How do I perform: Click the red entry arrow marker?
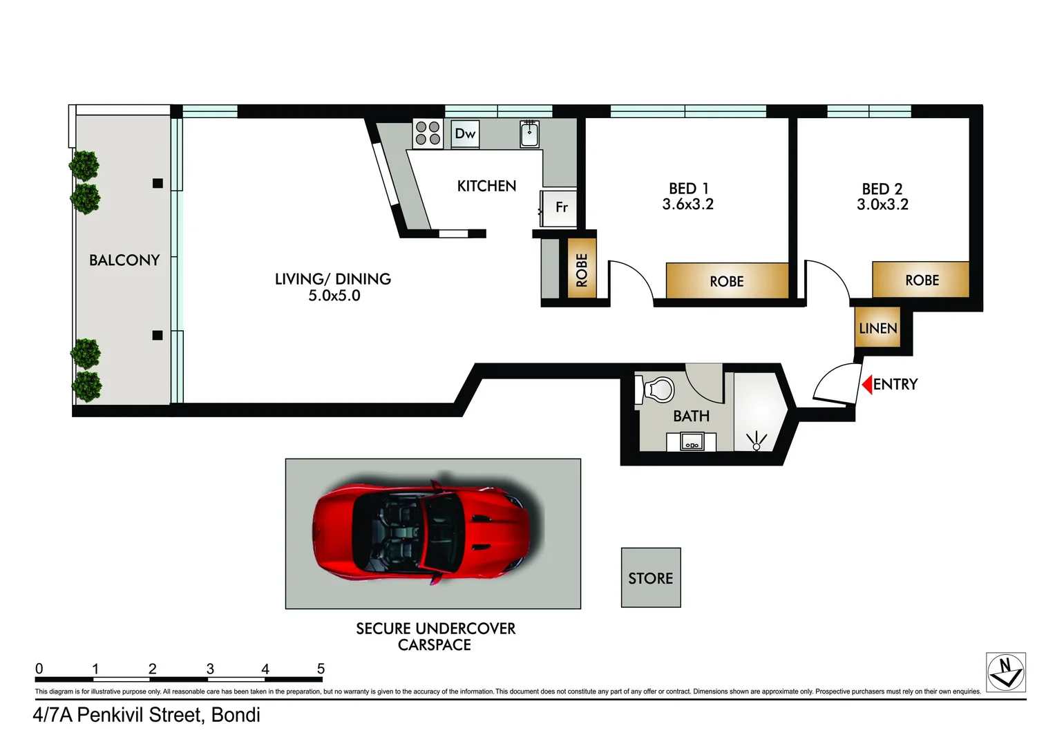tap(867, 384)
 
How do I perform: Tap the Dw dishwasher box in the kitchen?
tap(465, 134)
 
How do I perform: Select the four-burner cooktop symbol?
tap(428, 133)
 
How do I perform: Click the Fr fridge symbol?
tap(560, 207)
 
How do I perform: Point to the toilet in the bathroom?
tap(659, 390)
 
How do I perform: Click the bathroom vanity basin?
tap(692, 441)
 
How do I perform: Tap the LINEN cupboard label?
tap(877, 329)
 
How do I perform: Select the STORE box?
tap(651, 578)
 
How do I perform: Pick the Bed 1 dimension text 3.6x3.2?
tap(687, 204)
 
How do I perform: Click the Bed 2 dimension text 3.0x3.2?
tap(882, 204)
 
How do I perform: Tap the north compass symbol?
tap(1005, 672)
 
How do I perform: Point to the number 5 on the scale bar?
tap(321, 669)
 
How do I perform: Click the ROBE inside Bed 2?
tap(921, 280)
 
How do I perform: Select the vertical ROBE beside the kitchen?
tap(582, 269)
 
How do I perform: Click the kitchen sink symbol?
tap(529, 134)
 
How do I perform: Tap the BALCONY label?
tap(124, 260)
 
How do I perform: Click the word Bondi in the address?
tap(236, 715)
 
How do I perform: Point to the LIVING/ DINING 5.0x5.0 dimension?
tap(334, 296)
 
